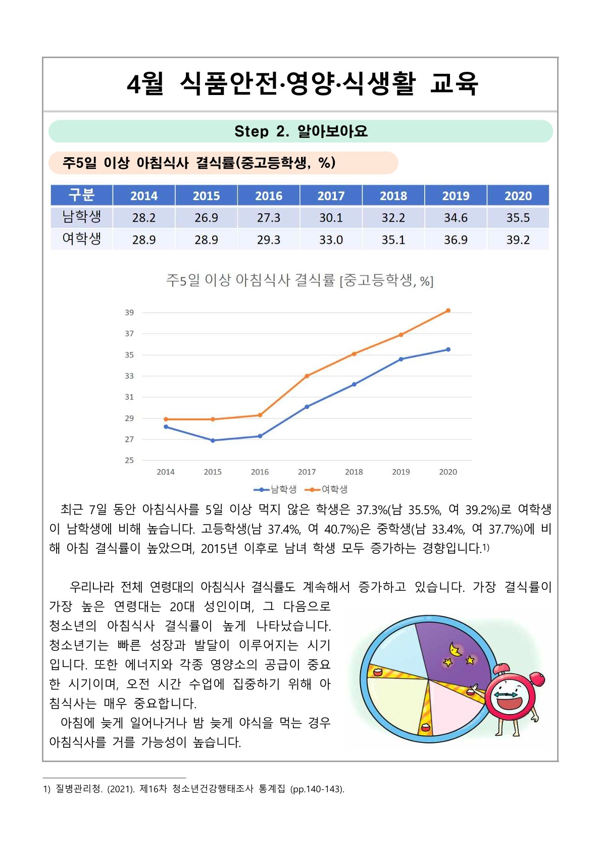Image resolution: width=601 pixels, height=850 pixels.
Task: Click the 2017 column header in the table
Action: (x=331, y=196)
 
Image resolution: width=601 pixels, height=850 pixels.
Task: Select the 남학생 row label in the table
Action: (x=81, y=217)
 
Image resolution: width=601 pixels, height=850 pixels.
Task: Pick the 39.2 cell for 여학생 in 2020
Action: (x=518, y=240)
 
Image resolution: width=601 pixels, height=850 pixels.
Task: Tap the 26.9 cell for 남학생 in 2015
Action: (x=206, y=218)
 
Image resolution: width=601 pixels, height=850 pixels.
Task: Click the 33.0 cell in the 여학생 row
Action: (x=331, y=240)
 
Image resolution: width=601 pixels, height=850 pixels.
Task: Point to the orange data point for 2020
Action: (x=448, y=311)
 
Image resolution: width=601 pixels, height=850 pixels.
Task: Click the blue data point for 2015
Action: (x=213, y=441)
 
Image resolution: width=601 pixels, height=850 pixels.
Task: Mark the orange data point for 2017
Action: (x=307, y=376)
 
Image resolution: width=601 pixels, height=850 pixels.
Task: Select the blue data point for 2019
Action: (x=401, y=359)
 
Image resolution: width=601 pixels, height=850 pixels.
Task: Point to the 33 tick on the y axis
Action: (x=130, y=376)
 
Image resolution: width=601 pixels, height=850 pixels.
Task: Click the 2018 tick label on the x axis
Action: (x=354, y=472)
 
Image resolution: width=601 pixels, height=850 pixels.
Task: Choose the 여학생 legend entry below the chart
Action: (x=328, y=489)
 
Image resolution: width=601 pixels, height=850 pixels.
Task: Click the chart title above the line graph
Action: (x=299, y=280)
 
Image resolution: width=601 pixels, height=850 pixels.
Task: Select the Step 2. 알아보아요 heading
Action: (x=300, y=131)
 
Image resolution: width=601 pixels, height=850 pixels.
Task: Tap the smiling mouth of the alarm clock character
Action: (x=509, y=704)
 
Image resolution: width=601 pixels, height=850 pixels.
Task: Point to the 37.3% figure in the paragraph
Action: (x=372, y=509)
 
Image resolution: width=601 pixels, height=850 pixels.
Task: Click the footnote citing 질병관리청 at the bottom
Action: (x=193, y=789)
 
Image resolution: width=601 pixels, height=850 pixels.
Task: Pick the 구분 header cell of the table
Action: (x=81, y=195)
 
